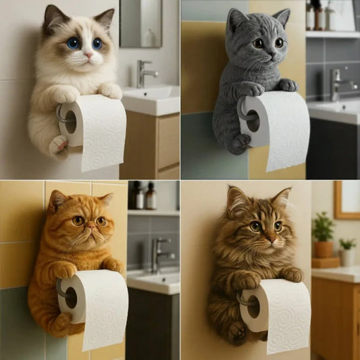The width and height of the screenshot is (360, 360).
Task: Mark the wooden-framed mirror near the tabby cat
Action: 346,199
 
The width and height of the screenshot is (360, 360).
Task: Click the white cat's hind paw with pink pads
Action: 58,144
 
